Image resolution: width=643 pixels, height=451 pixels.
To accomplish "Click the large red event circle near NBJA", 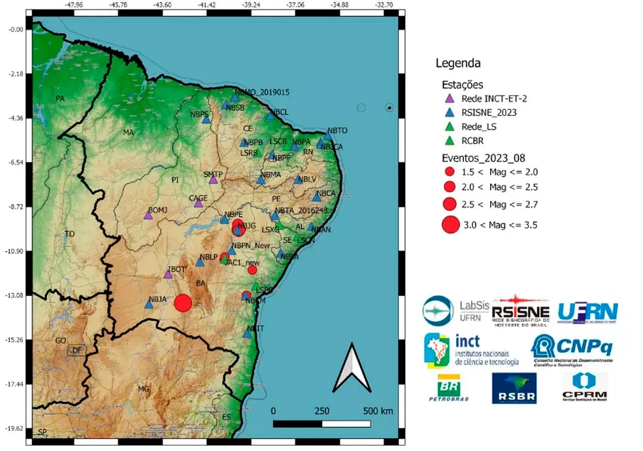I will (x=183, y=303).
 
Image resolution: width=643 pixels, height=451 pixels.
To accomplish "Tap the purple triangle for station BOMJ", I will (x=148, y=215).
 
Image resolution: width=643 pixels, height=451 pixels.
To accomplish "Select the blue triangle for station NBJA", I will (x=148, y=304).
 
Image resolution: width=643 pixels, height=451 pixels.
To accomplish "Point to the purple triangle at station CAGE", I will (x=198, y=203).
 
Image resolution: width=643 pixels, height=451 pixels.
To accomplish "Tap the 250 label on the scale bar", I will (x=321, y=411).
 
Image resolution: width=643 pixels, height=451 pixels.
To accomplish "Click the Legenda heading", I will (x=458, y=63).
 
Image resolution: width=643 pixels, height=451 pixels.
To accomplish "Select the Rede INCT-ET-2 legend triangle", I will (x=449, y=99).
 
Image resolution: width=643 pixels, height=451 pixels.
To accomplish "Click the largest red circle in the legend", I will (x=450, y=225).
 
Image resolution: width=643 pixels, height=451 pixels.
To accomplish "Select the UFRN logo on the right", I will (x=587, y=310).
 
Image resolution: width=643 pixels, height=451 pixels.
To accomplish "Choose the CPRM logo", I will (x=584, y=388).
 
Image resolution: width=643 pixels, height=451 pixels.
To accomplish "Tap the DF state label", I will (x=77, y=351).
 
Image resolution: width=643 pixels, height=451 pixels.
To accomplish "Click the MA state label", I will (x=128, y=133).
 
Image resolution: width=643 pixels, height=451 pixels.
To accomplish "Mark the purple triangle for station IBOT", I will (x=168, y=274).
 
